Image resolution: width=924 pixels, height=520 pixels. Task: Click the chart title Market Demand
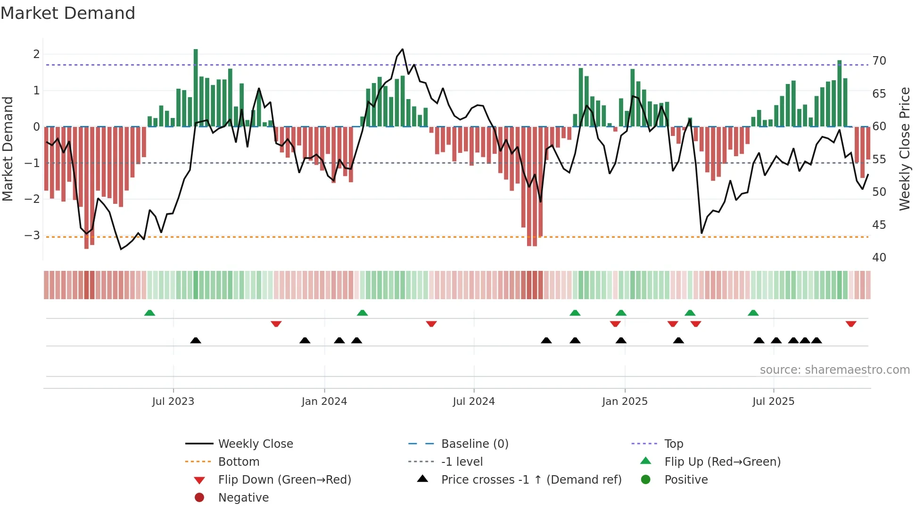68,13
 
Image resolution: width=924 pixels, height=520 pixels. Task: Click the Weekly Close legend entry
255,444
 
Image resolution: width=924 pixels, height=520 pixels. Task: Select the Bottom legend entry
239,462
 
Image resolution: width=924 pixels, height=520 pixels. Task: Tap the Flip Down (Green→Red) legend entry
284,480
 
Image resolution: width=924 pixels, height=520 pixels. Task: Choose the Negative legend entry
243,498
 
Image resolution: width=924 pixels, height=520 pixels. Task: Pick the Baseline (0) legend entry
474,444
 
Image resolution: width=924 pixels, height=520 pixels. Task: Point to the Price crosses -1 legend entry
531,480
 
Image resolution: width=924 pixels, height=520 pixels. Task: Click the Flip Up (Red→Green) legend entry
722,462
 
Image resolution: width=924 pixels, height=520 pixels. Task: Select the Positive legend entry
686,480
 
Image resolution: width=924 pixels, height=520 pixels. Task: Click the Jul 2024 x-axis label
474,402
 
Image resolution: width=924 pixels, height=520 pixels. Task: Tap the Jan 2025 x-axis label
625,402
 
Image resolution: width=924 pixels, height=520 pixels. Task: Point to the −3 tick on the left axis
33,235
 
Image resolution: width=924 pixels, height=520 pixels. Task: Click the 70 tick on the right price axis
879,61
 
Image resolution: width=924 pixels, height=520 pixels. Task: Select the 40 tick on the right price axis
879,258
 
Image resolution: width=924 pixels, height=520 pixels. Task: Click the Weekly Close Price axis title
904,149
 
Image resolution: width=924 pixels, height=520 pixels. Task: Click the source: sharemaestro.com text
834,370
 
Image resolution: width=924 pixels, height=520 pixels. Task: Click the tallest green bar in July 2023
196,87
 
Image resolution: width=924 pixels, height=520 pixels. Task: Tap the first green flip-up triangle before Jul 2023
149,313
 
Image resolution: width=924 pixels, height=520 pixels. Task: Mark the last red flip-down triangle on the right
851,324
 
